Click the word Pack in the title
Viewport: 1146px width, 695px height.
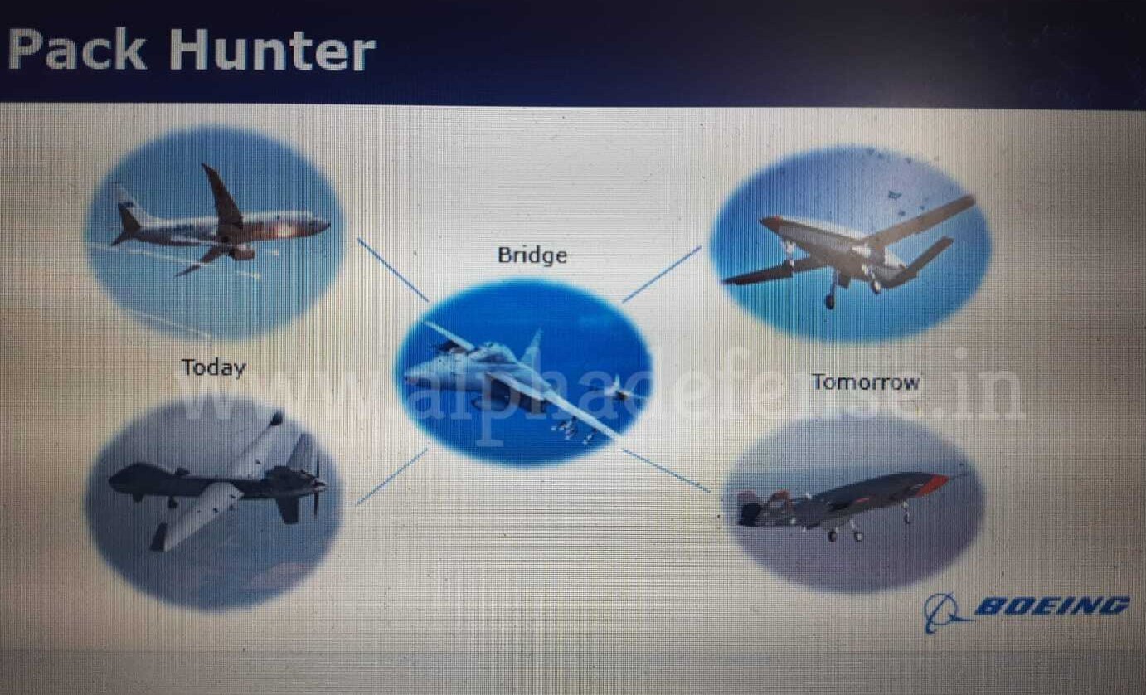[x=77, y=50]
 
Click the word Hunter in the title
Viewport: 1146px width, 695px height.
[x=272, y=50]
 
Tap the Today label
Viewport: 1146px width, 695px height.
[x=214, y=368]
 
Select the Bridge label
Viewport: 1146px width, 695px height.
[x=532, y=255]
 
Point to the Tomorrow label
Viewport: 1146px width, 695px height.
[x=866, y=382]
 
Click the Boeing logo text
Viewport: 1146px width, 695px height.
[x=1051, y=606]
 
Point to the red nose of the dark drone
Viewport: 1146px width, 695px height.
[x=940, y=482]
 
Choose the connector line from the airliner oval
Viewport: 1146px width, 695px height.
[x=392, y=270]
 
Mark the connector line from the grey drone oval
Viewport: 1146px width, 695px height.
[x=392, y=477]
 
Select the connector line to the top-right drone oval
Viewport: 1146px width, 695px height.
[x=661, y=275]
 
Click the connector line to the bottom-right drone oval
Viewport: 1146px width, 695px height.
[x=666, y=471]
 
